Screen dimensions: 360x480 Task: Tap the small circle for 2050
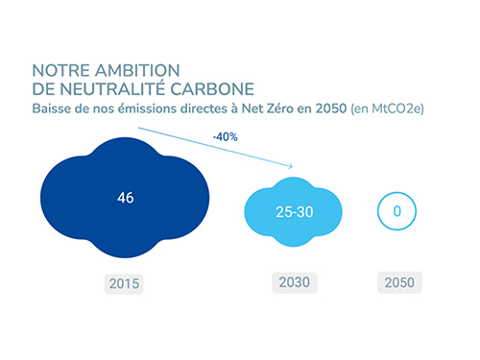tap(396, 210)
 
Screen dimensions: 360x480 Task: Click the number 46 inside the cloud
tap(125, 198)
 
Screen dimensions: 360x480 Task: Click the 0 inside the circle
tap(396, 210)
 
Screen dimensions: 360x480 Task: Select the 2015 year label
tap(124, 285)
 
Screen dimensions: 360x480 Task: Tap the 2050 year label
tap(396, 285)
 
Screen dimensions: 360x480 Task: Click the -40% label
tap(226, 137)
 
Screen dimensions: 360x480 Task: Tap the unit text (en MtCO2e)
tap(387, 108)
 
